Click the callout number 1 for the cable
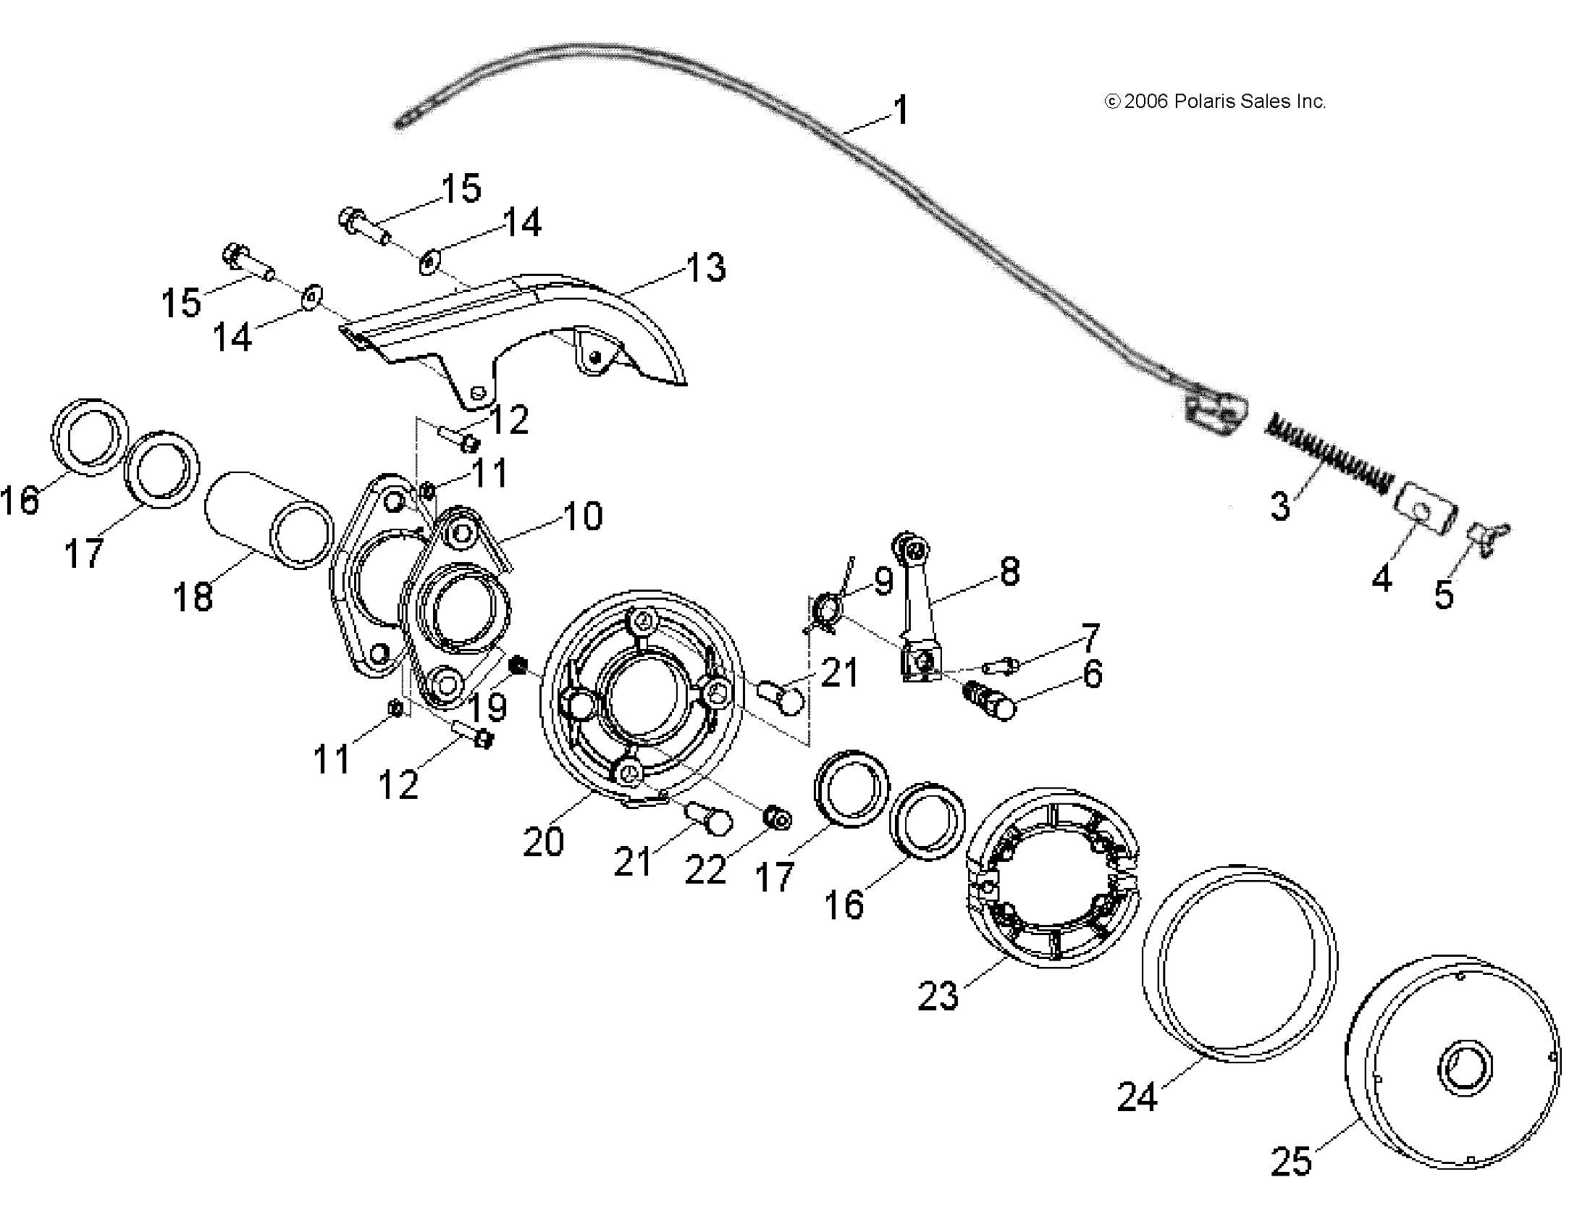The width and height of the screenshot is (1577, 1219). click(x=901, y=111)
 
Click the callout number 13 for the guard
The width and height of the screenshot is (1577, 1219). click(x=705, y=267)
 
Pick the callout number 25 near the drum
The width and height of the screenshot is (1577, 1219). click(x=1291, y=1160)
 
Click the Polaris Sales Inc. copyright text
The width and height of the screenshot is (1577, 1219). click(x=1215, y=101)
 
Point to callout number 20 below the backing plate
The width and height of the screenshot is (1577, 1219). click(x=543, y=842)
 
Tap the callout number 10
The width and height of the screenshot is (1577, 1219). click(x=582, y=516)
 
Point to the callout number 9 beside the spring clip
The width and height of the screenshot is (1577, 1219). click(x=883, y=581)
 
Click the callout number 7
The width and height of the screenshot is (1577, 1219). click(x=1090, y=637)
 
